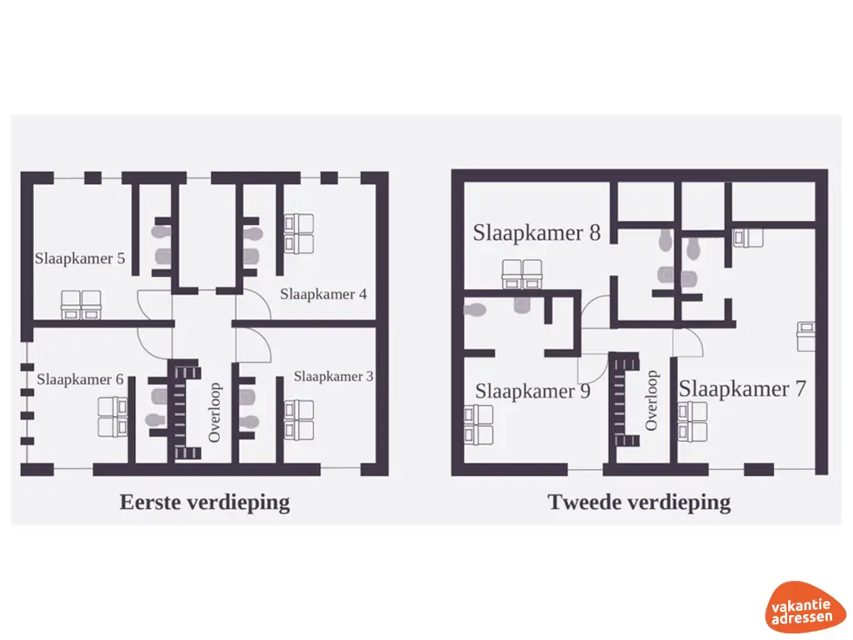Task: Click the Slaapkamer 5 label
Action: (80, 258)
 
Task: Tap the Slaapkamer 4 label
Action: (323, 294)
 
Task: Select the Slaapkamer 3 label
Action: (333, 377)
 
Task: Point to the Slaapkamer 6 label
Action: (80, 380)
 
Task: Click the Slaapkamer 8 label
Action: (536, 232)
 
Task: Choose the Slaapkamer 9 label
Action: (532, 391)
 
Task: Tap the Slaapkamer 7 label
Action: (741, 389)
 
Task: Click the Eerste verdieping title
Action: (205, 502)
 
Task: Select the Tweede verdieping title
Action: (639, 502)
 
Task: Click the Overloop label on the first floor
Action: (215, 412)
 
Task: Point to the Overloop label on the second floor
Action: (651, 401)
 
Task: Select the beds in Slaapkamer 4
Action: (299, 233)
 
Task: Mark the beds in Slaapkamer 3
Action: (299, 419)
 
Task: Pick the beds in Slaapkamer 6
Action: (112, 417)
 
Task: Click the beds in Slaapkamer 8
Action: (522, 274)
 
